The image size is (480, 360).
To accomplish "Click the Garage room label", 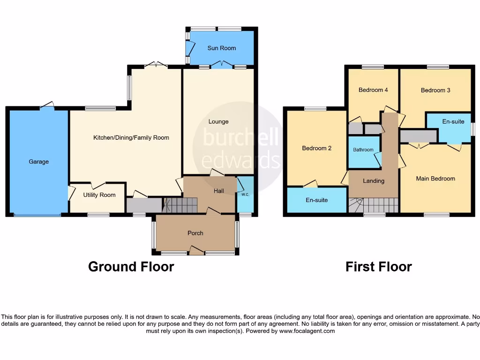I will [x=38, y=162].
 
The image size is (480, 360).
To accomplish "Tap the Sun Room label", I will [x=222, y=48].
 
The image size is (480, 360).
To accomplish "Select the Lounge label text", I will [x=218, y=121].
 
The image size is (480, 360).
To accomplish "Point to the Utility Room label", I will [x=99, y=195].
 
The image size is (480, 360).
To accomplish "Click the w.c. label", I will [x=245, y=194].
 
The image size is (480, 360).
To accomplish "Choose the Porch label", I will [x=195, y=233].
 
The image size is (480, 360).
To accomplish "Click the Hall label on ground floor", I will [x=219, y=191].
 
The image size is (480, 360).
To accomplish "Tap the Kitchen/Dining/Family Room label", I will [x=131, y=138].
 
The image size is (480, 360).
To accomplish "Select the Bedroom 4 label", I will [x=373, y=90].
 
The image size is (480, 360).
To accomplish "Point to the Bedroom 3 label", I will [x=435, y=90].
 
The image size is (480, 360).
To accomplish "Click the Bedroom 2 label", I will [x=317, y=148].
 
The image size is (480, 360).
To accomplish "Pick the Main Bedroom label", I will [x=435, y=179].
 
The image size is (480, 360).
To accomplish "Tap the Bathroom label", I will [x=363, y=150].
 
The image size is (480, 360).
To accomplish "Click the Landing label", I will [x=374, y=181].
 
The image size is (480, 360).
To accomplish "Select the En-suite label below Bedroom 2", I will [x=317, y=200].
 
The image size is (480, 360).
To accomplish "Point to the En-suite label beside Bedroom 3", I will [x=453, y=122].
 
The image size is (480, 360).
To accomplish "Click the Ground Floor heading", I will [x=131, y=267].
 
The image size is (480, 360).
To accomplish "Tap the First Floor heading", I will [x=379, y=267].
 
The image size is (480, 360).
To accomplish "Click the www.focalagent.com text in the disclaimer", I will [x=307, y=331].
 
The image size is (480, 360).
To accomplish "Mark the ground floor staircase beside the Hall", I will [x=180, y=205].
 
